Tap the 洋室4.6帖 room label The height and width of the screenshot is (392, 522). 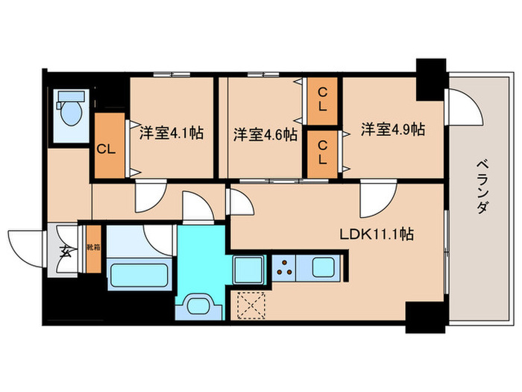point(265,134)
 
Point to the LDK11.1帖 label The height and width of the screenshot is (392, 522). point(377,234)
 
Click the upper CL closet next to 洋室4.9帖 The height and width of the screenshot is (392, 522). point(322,99)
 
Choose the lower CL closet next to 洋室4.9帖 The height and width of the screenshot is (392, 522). point(322,153)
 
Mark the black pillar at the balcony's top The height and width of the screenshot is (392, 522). point(430,78)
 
